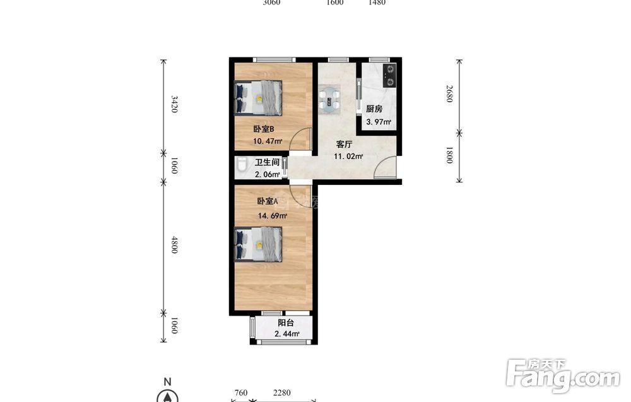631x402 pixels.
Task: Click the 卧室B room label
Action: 264,129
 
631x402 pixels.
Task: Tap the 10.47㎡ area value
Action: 267,141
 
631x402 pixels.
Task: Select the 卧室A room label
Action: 268,201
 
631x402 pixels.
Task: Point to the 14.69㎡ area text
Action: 273,216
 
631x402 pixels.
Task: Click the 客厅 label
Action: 345,145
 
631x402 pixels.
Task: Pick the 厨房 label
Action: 374,109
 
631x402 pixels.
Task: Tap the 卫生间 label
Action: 267,163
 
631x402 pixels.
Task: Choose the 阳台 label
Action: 286,322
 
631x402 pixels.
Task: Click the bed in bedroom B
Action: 258,98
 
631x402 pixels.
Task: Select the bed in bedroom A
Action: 258,245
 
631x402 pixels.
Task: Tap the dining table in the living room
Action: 329,98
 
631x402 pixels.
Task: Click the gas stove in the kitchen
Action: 389,76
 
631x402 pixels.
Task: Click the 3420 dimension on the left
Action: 174,104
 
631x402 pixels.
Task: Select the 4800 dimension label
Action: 174,245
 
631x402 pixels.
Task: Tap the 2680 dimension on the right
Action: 449,94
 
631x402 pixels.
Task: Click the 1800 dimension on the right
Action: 449,155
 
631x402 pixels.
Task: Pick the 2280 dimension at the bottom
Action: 281,393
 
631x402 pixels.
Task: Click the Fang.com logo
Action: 563,375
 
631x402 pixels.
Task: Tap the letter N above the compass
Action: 168,381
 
